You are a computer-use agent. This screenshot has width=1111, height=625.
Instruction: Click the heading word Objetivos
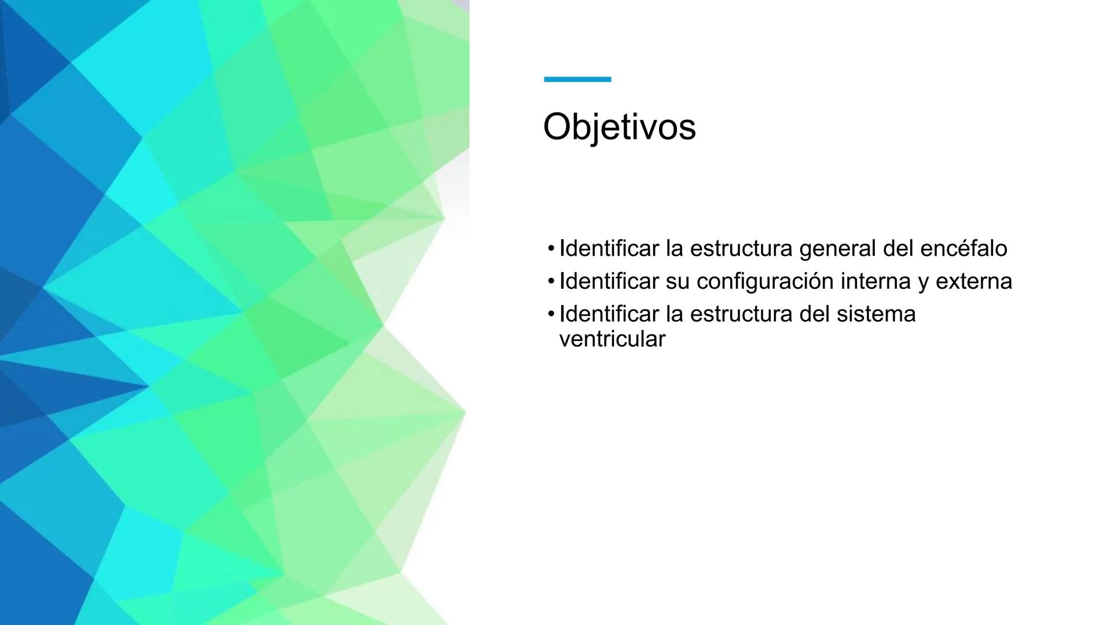[619, 127]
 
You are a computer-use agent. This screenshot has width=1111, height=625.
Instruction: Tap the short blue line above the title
[577, 79]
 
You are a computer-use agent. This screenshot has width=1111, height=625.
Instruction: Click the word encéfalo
[963, 248]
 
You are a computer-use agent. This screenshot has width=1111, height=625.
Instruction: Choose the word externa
[973, 281]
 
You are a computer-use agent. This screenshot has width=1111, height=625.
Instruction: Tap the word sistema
[876, 314]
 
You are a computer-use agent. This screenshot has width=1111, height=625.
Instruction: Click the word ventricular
[612, 339]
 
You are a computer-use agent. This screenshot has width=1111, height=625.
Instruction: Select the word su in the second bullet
[678, 282]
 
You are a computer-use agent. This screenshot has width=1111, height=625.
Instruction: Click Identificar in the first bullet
[609, 248]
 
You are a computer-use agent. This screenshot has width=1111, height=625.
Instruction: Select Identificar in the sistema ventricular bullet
[609, 314]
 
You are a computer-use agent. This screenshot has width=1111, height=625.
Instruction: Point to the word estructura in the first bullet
[741, 248]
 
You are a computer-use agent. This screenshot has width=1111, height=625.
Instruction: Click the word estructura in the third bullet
[741, 314]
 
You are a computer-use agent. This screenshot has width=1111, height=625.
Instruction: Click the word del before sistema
[814, 314]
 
